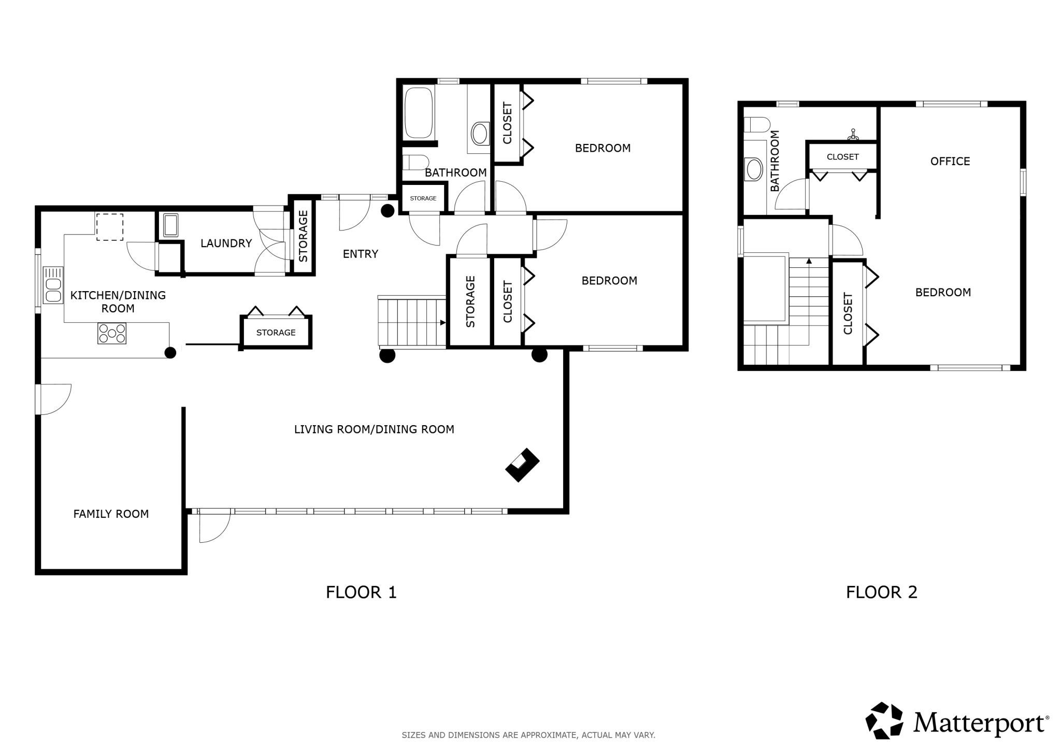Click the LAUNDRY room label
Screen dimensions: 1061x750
point(226,243)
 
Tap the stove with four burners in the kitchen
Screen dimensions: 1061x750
point(112,333)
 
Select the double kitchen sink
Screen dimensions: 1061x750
point(53,284)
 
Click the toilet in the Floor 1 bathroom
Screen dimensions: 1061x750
point(415,162)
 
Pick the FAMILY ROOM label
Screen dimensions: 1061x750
point(111,514)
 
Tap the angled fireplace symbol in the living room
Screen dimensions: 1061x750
point(522,465)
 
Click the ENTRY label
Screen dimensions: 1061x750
point(361,254)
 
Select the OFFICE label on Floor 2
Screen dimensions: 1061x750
point(950,161)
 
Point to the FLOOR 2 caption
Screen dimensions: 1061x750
point(882,592)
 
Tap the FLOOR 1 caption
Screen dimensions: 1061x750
point(361,592)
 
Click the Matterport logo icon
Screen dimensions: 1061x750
point(884,720)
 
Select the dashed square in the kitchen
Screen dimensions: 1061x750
point(110,227)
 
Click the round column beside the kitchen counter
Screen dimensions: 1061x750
point(170,353)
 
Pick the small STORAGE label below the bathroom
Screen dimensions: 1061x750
point(423,198)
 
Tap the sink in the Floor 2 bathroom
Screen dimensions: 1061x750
point(754,169)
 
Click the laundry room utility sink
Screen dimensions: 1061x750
point(170,225)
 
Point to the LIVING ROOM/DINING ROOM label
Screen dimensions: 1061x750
point(374,429)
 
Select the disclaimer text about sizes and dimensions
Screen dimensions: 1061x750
point(528,735)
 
